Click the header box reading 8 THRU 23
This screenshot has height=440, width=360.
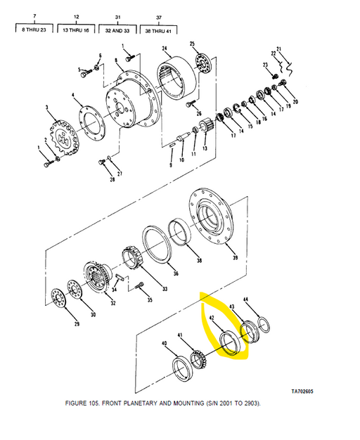click(36, 30)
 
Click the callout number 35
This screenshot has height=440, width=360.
click(148, 300)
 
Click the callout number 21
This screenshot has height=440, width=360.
click(278, 49)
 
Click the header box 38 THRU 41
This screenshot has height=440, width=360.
click(158, 30)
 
